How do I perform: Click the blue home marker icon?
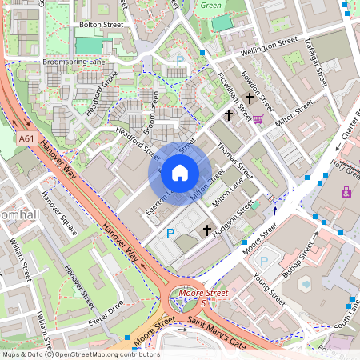pos(180,173)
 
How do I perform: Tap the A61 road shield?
pos(26,138)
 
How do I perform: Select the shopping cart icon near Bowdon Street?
pos(258,119)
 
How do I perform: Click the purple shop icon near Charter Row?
pos(346,192)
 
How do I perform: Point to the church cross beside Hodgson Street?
pos(207,230)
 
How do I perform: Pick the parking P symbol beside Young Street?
pos(264,261)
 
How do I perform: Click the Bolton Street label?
pos(102,25)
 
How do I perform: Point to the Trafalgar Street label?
pos(317,64)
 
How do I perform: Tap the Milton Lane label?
pos(227,194)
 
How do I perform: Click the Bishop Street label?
pos(299,256)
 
